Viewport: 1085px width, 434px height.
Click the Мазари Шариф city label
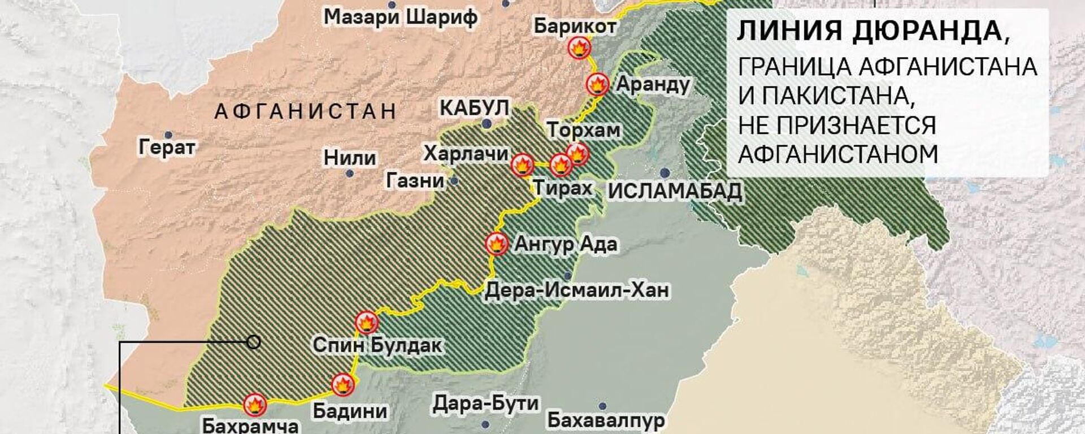[401, 18]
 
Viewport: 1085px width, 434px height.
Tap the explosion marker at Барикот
[579, 47]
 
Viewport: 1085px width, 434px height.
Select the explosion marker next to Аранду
[597, 85]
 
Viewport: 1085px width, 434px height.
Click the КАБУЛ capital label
[474, 107]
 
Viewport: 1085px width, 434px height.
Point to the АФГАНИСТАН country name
[305, 111]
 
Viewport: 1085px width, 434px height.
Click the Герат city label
[167, 148]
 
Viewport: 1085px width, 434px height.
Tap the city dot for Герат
[168, 136]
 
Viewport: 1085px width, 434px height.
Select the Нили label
[350, 158]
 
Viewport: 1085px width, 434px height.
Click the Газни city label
[415, 181]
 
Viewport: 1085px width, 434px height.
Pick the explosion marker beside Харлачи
[522, 165]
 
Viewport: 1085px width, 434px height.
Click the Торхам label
[584, 131]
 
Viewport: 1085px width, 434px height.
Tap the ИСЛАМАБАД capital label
[675, 192]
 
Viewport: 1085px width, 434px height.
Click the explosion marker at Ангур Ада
[497, 244]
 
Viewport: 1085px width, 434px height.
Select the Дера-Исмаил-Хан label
[577, 290]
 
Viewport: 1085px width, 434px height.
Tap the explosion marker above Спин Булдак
[366, 323]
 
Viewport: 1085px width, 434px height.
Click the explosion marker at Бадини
[342, 385]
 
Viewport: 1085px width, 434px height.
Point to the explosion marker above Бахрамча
[255, 405]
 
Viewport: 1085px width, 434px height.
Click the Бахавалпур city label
[606, 421]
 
